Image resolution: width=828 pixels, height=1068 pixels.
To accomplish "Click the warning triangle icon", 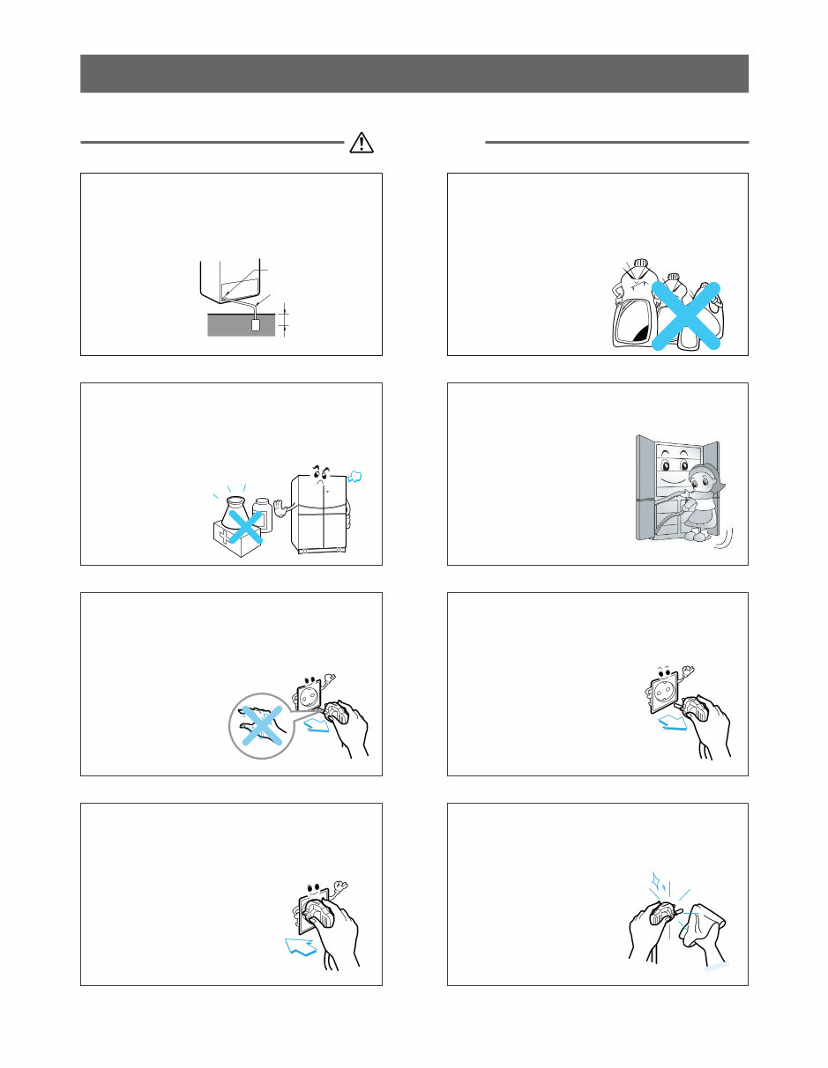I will click(362, 142).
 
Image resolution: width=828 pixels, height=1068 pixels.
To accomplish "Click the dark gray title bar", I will click(414, 73).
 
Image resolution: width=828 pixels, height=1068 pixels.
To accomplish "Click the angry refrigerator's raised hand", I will click(281, 508).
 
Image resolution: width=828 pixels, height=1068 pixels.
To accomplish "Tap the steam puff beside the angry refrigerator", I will click(357, 477).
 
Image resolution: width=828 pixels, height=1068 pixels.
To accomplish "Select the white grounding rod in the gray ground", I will click(257, 325).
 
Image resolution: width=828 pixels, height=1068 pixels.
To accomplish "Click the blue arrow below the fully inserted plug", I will click(300, 948).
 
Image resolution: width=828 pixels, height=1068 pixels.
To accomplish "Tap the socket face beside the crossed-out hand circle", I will click(311, 695).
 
